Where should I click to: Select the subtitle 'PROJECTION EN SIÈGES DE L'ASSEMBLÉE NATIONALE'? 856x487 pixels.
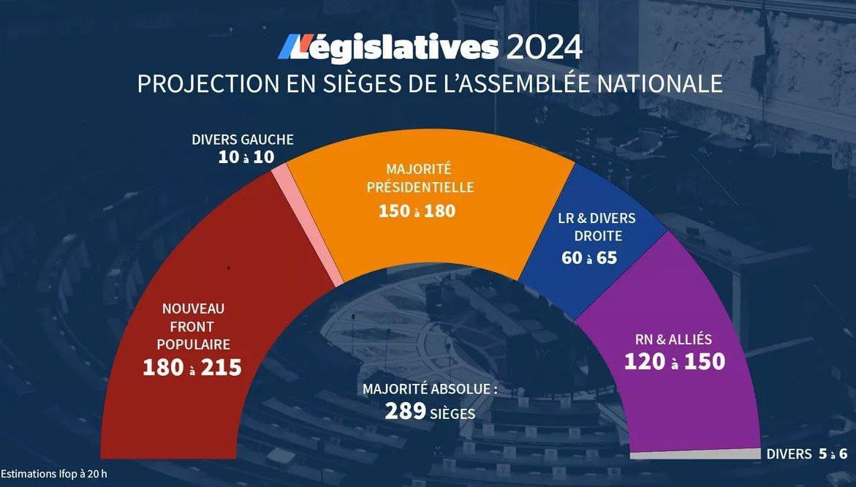[430, 83]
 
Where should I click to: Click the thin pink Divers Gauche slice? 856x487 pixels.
[307, 219]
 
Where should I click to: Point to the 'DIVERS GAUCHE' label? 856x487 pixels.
[242, 140]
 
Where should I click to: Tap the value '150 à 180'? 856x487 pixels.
[417, 211]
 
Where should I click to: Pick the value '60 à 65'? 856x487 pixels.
[589, 257]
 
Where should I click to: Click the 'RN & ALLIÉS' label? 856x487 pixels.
[674, 339]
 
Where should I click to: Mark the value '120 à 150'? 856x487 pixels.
[674, 361]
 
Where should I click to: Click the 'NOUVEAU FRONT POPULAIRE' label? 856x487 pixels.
[193, 326]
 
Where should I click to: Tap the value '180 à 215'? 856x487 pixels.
[192, 367]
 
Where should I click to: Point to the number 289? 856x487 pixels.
[405, 412]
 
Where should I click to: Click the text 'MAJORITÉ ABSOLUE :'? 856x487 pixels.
[430, 389]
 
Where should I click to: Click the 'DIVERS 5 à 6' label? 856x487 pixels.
[806, 454]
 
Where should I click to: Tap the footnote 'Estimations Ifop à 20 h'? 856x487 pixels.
[54, 473]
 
